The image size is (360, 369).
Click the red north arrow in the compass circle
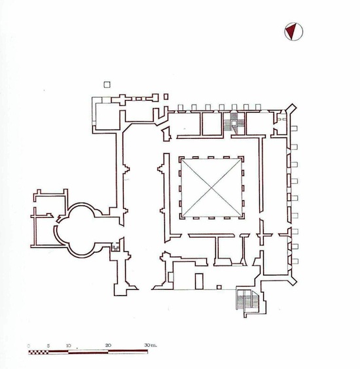pyautogui.click(x=292, y=31)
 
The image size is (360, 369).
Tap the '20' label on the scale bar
pyautogui.click(x=108, y=345)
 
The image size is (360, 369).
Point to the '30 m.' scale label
pyautogui.click(x=151, y=345)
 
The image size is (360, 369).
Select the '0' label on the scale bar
pyautogui.click(x=29, y=346)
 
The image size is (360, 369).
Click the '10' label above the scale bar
pyautogui.click(x=69, y=345)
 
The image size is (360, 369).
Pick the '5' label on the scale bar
pyautogui.click(x=48, y=346)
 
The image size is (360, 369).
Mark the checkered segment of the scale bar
pyautogui.click(x=39, y=352)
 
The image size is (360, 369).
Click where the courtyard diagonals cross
pyautogui.click(x=211, y=188)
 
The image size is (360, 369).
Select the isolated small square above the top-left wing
pyautogui.click(x=107, y=84)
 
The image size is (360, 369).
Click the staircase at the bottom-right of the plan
pyautogui.click(x=248, y=300)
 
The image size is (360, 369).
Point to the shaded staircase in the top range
pyautogui.click(x=234, y=123)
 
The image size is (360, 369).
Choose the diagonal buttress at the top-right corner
pyautogui.click(x=292, y=109)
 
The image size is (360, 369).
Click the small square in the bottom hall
pyautogui.click(x=219, y=287)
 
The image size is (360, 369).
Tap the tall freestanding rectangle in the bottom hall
pyautogui.click(x=199, y=281)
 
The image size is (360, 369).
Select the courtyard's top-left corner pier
pyautogui.click(x=181, y=159)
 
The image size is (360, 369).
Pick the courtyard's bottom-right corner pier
pyautogui.click(x=242, y=217)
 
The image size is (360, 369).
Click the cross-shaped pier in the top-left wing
pyautogui.click(x=122, y=99)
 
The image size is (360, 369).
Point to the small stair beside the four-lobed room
pyautogui.click(x=115, y=247)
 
